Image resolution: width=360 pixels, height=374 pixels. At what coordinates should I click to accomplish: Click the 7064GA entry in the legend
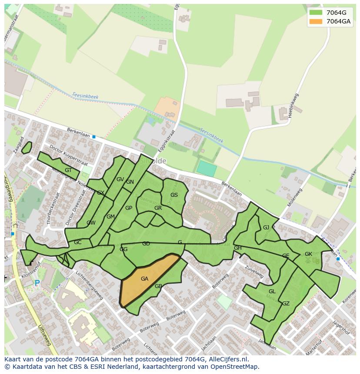click(338, 21)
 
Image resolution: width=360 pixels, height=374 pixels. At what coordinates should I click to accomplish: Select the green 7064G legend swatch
click(316, 13)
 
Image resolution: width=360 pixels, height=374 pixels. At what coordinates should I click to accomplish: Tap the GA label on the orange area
click(145, 279)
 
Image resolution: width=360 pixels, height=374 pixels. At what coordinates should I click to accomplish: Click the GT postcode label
click(68, 170)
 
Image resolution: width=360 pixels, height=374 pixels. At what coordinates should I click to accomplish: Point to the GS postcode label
click(174, 195)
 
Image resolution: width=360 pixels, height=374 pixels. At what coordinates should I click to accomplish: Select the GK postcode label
click(308, 254)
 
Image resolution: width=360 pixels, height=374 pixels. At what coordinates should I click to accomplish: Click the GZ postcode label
click(286, 304)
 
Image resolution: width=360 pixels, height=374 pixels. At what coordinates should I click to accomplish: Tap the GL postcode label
click(272, 291)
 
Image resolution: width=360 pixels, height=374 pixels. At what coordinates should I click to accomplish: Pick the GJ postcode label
click(266, 228)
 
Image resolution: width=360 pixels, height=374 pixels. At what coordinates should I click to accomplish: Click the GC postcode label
click(77, 242)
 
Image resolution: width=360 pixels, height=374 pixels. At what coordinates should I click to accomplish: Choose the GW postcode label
click(91, 223)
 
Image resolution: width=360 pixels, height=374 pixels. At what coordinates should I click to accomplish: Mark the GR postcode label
click(158, 208)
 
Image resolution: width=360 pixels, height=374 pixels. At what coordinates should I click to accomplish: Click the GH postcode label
click(238, 248)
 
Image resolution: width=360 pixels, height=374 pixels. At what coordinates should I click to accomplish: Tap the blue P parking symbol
click(37, 283)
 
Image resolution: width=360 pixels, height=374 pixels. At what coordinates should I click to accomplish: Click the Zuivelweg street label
click(254, 271)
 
